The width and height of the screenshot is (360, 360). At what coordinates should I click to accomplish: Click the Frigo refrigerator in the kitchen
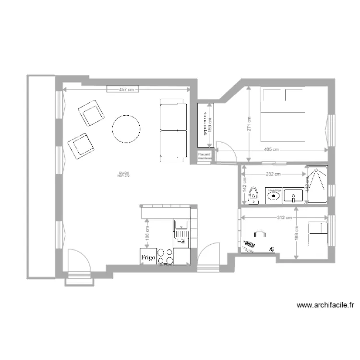click(x=148, y=257)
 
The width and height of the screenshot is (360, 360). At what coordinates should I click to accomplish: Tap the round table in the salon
click(x=126, y=129)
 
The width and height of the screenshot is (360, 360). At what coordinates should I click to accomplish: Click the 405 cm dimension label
click(x=272, y=150)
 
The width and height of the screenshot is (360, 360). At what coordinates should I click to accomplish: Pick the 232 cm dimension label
click(x=273, y=174)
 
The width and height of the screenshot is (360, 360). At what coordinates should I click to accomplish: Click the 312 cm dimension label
click(x=285, y=217)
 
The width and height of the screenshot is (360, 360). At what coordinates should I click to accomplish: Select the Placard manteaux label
click(x=205, y=156)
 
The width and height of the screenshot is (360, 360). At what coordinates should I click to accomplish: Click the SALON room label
click(x=124, y=174)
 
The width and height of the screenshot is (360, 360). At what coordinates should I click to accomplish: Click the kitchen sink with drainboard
click(x=181, y=230)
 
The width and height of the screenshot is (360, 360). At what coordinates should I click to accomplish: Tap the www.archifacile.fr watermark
click(x=325, y=305)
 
